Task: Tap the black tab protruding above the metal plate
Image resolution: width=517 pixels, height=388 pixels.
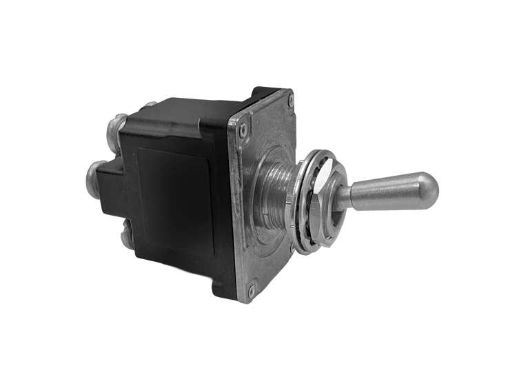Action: pos(265,92)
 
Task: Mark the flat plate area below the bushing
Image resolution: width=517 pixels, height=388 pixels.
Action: pos(265,258)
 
